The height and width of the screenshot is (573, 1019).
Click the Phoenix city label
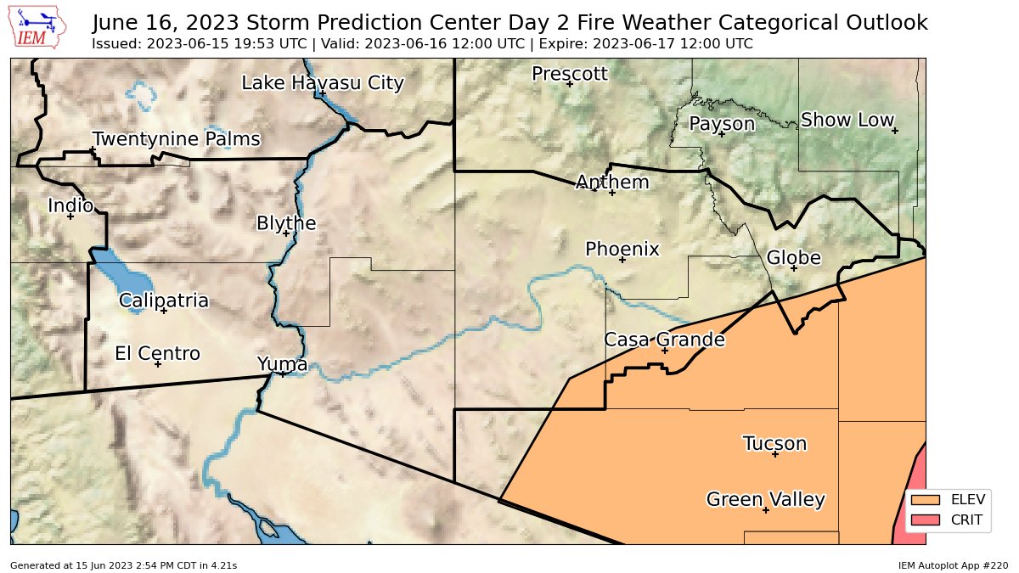coord(622,249)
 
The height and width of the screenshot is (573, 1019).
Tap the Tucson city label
coord(774,443)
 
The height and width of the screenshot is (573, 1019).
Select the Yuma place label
coord(282,363)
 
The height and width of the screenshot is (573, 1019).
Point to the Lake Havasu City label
coord(322,82)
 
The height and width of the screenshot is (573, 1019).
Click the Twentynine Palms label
coord(176,138)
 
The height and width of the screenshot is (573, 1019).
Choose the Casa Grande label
coord(664,340)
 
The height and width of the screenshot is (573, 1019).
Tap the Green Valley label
coord(765,499)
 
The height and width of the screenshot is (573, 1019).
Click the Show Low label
coord(847,120)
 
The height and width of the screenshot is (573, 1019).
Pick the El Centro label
coord(157,353)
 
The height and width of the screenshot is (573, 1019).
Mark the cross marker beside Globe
coord(793,268)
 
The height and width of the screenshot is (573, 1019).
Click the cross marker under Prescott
coord(570,84)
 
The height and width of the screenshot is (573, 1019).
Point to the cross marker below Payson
coord(721,134)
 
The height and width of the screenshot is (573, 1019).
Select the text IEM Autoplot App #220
coord(953,565)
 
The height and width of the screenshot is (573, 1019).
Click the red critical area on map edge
coord(913,501)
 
